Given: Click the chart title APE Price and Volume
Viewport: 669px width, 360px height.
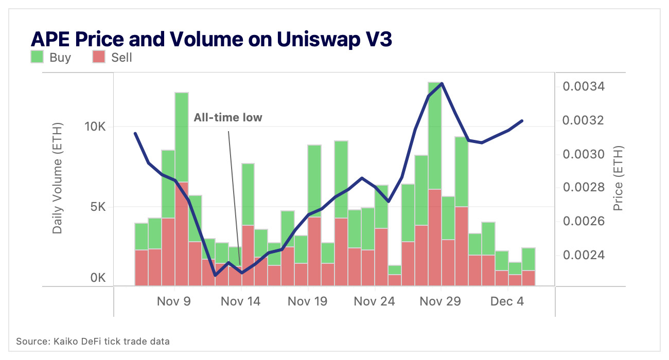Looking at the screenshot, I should (x=212, y=40).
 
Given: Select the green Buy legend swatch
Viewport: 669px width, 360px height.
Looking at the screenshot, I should (x=37, y=57).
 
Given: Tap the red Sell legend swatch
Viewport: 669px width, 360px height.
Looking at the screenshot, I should (x=99, y=57).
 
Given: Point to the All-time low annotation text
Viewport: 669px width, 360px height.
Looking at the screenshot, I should (x=227, y=118).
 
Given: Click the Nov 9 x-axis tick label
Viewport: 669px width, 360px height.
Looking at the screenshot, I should (x=173, y=301).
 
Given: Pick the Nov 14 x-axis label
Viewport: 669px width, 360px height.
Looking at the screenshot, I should (x=240, y=301).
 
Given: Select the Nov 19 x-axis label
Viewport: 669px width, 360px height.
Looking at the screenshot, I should (x=307, y=301).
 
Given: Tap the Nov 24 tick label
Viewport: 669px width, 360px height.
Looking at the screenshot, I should (x=374, y=301).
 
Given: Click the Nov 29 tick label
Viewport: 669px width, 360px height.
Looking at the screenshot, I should (x=441, y=301).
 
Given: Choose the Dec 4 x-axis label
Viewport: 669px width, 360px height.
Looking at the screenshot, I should (x=507, y=301).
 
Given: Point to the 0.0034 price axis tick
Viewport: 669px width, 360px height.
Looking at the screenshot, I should (x=583, y=86).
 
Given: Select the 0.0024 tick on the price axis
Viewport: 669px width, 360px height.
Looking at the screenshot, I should (x=583, y=256).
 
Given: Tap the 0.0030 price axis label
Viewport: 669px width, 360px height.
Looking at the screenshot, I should (x=583, y=154).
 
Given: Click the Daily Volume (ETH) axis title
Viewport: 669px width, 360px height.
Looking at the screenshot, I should (x=58, y=178).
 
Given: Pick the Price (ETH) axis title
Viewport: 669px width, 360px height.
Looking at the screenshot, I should (x=618, y=178).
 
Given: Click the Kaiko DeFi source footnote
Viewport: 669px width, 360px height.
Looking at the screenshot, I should (x=93, y=341).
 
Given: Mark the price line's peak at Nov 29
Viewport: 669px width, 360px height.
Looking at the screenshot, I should (x=442, y=84).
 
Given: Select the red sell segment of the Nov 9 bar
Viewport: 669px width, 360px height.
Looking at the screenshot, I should (x=182, y=234).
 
